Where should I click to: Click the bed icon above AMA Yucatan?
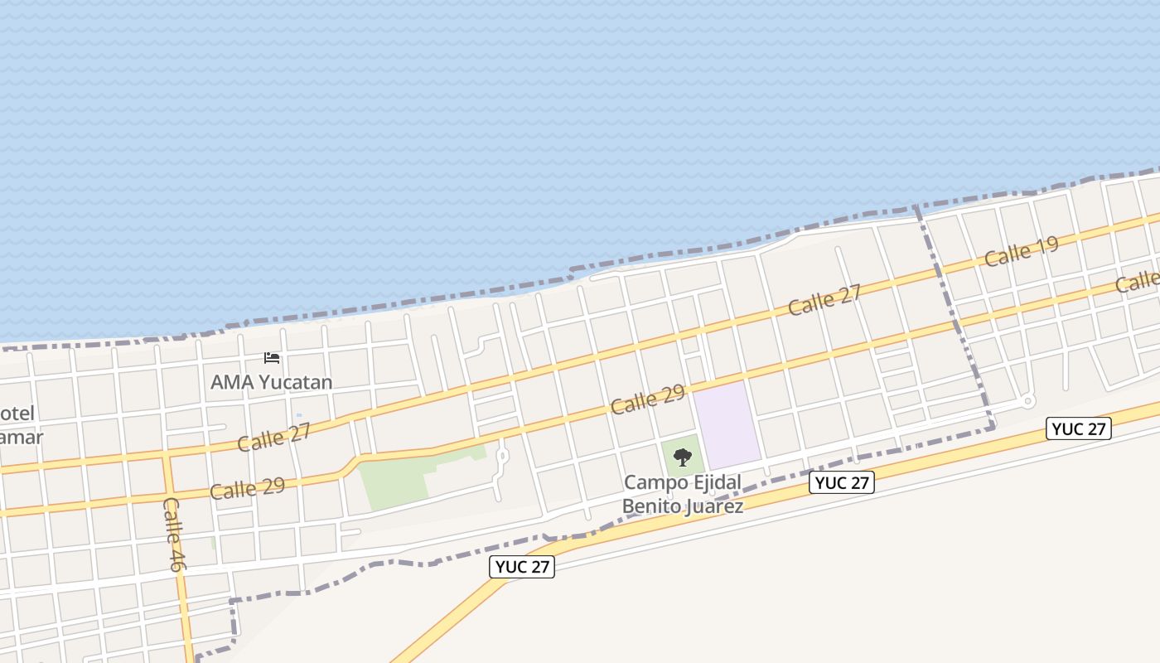pyautogui.click(x=272, y=358)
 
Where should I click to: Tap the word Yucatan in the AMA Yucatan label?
pyautogui.click(x=296, y=382)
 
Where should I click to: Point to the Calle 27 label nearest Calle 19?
pyautogui.click(x=824, y=299)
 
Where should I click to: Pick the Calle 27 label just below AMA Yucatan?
pyautogui.click(x=273, y=437)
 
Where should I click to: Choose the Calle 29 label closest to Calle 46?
pyautogui.click(x=247, y=487)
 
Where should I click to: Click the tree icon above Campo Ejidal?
pyautogui.click(x=683, y=457)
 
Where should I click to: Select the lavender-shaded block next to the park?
pyautogui.click(x=726, y=423)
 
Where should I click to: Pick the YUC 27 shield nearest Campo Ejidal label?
pyautogui.click(x=842, y=483)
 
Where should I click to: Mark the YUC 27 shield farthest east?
pyautogui.click(x=1078, y=428)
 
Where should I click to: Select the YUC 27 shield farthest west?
pyautogui.click(x=521, y=567)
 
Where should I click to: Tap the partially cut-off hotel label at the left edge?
pyautogui.click(x=21, y=424)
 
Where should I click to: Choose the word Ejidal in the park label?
pyautogui.click(x=713, y=482)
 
